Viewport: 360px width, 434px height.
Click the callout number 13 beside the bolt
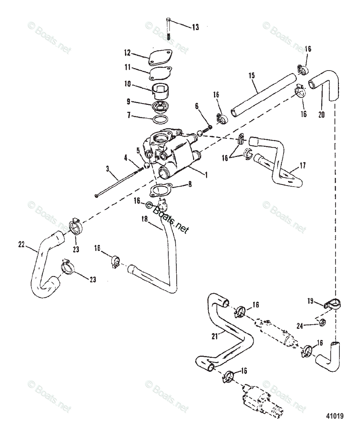195,27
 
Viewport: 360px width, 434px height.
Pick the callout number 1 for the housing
206,174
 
